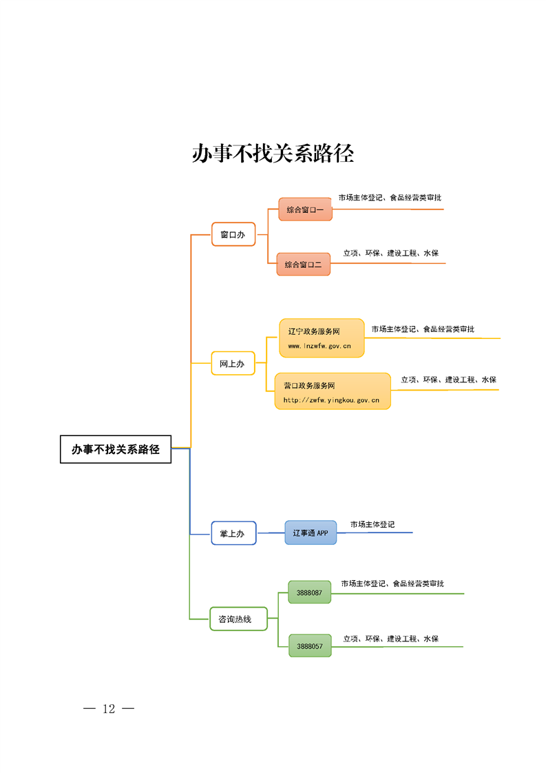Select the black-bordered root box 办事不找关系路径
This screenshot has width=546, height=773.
pos(116,449)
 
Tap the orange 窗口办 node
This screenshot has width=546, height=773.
pos(233,234)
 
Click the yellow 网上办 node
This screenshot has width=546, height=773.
pos(233,363)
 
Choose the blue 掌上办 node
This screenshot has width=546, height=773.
pos(233,533)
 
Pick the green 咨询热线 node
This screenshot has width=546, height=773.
pos(238,619)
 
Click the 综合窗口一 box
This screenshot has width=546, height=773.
pos(305,209)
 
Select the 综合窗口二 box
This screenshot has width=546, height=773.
pos(304,264)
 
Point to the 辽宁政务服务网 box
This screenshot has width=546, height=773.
pos(322,338)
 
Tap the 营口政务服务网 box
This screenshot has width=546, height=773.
pos(333,391)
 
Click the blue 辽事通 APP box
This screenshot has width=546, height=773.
pos(311,533)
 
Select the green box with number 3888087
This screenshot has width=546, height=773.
pos(310,592)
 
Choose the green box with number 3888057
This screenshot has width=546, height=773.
pos(310,646)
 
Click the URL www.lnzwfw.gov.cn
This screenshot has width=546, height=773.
pos(319,346)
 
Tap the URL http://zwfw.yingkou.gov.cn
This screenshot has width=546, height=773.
pos(331,400)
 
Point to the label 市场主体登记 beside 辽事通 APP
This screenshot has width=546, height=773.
pos(372,524)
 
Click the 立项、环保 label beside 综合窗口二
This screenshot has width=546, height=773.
pos(390,253)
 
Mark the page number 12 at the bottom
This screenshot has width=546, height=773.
pos(109,709)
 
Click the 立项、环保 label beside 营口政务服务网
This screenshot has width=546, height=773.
pos(449,380)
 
